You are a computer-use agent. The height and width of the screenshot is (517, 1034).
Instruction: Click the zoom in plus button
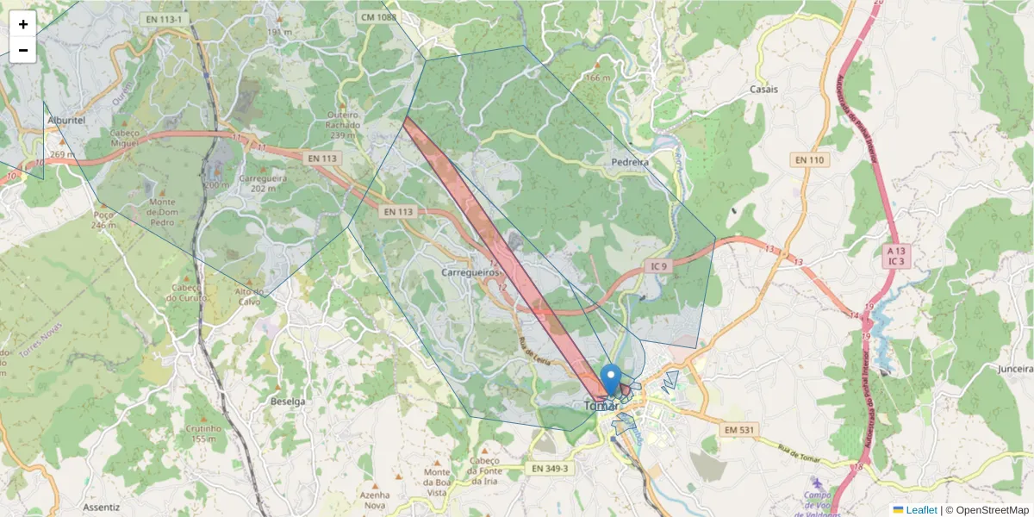[x=23, y=24]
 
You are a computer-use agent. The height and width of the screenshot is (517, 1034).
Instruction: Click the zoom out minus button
[x=23, y=50]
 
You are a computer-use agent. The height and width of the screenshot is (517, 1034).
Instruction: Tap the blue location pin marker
[x=610, y=379]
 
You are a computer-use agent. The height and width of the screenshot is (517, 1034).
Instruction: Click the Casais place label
[x=763, y=90]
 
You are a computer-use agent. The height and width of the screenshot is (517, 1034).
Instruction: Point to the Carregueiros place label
[x=470, y=271]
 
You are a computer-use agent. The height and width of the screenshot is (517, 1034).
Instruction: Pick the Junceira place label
[x=1014, y=369]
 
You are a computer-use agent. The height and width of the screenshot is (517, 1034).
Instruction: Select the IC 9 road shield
[x=659, y=266]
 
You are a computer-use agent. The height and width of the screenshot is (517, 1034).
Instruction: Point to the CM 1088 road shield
[x=379, y=17]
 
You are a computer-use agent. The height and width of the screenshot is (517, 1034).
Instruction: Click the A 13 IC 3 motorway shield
[x=897, y=255]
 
